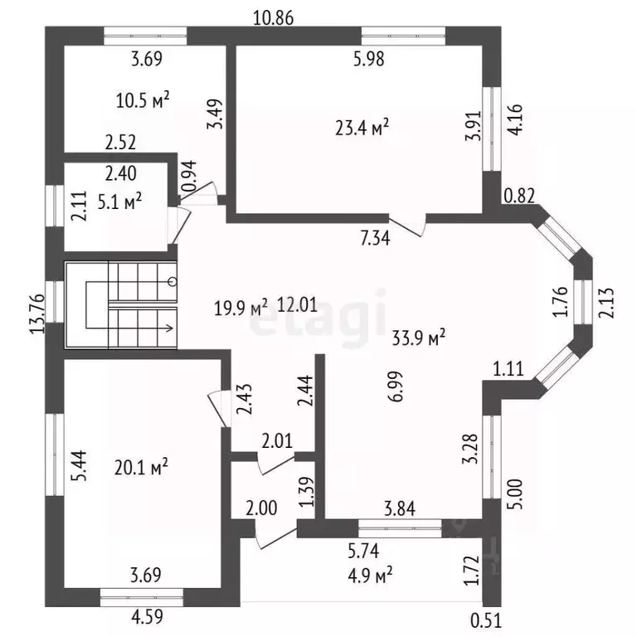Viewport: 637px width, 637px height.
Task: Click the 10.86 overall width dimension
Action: (x=273, y=18)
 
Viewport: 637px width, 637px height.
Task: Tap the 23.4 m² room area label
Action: (x=362, y=128)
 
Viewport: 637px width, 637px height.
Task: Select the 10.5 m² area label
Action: (x=143, y=100)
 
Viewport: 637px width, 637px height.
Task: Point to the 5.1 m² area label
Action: (x=119, y=201)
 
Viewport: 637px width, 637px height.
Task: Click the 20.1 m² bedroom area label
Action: (x=141, y=467)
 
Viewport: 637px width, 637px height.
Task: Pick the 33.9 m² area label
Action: (x=418, y=338)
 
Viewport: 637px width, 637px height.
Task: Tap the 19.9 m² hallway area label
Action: (x=241, y=308)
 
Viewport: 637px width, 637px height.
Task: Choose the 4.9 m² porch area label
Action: (x=370, y=576)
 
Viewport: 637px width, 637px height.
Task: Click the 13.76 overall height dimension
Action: (x=37, y=314)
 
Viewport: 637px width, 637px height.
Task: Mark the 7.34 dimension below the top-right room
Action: (x=375, y=238)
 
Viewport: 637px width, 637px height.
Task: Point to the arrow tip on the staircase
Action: (x=173, y=328)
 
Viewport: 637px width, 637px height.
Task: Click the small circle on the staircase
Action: (x=173, y=281)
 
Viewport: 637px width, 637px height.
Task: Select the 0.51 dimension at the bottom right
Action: (x=486, y=620)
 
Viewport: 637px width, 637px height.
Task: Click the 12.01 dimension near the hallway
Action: (x=298, y=304)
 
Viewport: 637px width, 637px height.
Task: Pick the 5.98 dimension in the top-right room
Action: (x=368, y=60)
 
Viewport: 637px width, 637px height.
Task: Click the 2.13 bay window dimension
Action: (x=605, y=303)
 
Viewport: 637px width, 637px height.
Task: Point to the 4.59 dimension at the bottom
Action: (x=147, y=617)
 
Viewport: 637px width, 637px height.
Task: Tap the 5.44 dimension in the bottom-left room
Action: (x=79, y=465)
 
